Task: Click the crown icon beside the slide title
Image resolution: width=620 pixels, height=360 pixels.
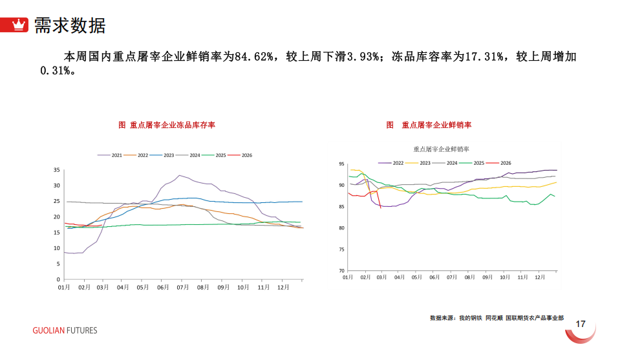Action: (20, 25)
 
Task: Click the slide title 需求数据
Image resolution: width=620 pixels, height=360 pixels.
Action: (69, 25)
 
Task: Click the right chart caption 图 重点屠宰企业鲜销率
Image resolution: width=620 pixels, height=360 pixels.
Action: (429, 125)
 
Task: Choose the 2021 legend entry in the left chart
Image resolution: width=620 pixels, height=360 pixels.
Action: (111, 155)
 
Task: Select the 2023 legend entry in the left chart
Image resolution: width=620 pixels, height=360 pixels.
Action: (164, 155)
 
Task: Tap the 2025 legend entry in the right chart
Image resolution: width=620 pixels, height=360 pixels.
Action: (473, 163)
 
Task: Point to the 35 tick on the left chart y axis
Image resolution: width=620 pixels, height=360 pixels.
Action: (56, 170)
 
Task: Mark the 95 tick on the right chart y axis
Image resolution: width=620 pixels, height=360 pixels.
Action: (341, 164)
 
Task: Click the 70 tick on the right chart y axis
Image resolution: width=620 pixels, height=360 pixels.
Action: (341, 271)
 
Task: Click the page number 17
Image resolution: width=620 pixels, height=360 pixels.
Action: (581, 324)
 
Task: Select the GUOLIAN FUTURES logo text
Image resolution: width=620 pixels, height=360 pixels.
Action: (65, 330)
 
